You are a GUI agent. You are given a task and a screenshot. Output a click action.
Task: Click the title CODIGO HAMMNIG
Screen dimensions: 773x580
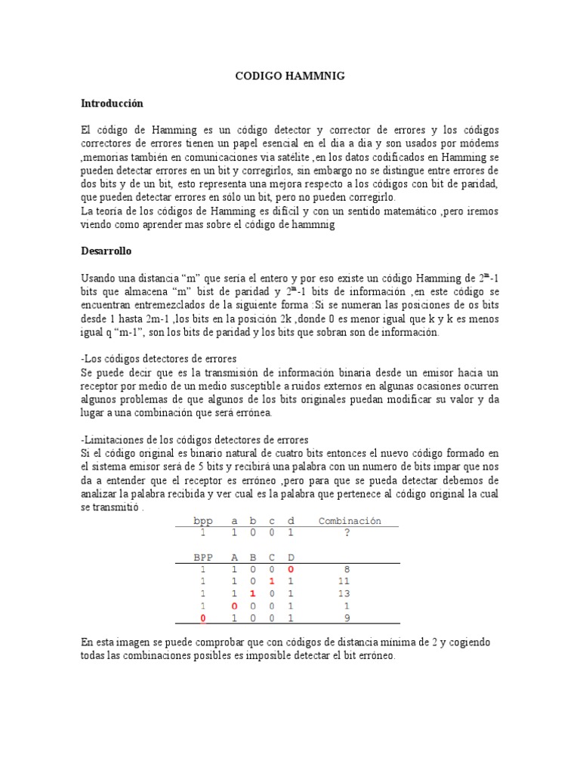click(289, 75)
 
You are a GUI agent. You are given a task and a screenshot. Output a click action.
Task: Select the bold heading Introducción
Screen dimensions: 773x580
click(112, 103)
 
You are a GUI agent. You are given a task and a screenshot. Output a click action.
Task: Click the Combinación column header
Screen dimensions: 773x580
click(350, 521)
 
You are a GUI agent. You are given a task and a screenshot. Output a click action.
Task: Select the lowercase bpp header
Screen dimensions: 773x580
click(203, 521)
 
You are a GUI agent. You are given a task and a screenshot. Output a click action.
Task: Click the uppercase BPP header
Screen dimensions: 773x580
click(203, 557)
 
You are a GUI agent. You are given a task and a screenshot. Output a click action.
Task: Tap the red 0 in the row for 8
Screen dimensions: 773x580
click(290, 570)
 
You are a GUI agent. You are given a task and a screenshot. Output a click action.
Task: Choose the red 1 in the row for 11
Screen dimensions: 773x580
click(271, 582)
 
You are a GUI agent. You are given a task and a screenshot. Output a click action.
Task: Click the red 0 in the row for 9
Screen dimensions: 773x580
click(203, 619)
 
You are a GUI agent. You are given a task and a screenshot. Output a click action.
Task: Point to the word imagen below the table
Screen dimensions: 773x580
click(135, 642)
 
